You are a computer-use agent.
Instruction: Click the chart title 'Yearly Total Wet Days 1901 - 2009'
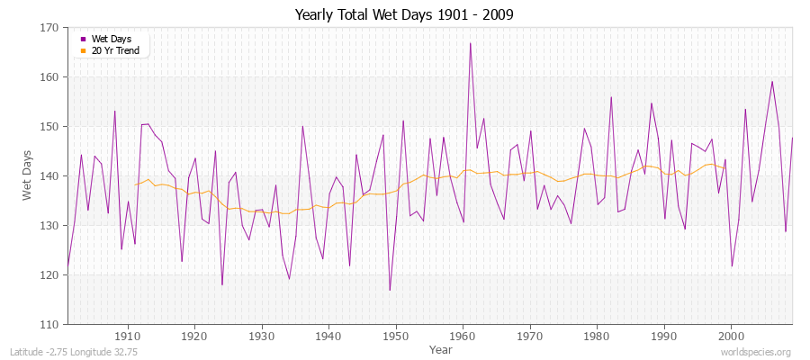click(404, 15)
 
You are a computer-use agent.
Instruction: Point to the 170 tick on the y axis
click(50, 28)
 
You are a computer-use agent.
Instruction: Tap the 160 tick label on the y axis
click(50, 77)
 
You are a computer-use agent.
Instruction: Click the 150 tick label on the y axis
click(50, 127)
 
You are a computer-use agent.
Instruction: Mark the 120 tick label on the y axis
click(50, 274)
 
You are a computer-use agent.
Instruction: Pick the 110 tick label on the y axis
click(50, 324)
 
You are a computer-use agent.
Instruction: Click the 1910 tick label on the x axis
click(128, 336)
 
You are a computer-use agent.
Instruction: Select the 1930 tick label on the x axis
click(262, 336)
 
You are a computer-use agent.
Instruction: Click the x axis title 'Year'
click(441, 348)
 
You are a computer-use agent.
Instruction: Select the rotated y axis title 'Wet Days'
click(26, 175)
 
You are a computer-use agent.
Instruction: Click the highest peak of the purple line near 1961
click(470, 43)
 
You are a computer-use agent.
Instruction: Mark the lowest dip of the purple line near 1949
click(390, 290)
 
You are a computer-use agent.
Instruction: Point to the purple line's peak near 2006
click(772, 82)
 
